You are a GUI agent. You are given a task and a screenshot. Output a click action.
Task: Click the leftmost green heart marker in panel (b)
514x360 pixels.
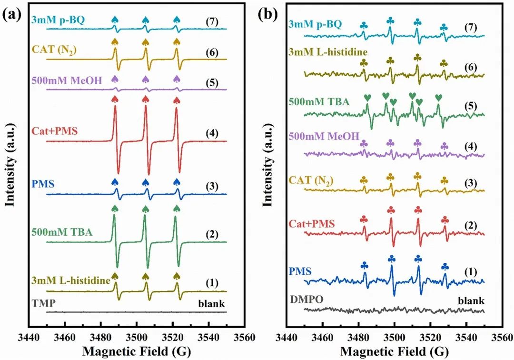(x=367, y=98)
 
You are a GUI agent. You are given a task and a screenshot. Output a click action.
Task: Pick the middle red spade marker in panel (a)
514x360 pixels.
(x=145, y=99)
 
